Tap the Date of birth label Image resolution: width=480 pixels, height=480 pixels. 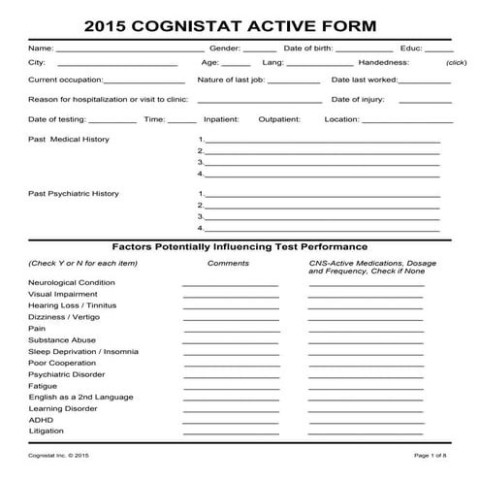coord(307,47)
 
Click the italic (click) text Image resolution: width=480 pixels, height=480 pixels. coord(456,62)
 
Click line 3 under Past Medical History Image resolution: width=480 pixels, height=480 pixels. coord(322,165)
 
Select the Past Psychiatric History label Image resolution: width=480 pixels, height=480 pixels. coord(74,193)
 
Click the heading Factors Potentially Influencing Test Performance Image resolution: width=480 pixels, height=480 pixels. coord(240,246)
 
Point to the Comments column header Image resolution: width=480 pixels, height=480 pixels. coord(228,263)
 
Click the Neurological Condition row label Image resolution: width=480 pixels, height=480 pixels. coord(73,282)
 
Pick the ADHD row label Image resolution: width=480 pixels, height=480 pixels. coord(41,420)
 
